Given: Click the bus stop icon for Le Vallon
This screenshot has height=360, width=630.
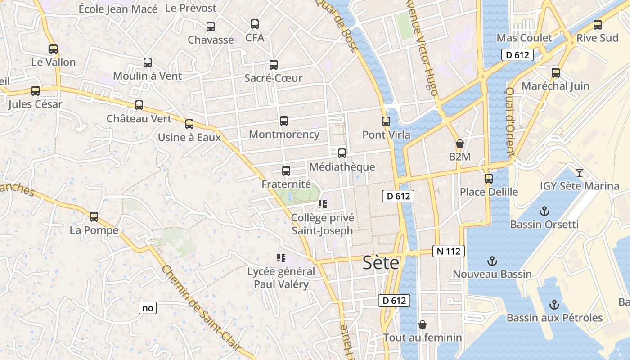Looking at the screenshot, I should [x=54, y=49].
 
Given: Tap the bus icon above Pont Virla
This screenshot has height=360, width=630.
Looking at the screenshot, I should [x=386, y=121].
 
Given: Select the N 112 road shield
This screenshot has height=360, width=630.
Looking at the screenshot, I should [x=448, y=251].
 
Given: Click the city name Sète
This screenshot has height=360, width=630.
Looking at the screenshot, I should [x=381, y=262].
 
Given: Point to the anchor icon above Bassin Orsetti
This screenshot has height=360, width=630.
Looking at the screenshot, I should [x=544, y=211].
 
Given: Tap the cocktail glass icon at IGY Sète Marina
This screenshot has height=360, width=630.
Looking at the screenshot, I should [x=579, y=172].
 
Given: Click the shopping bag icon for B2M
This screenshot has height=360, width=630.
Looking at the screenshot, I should [x=459, y=144].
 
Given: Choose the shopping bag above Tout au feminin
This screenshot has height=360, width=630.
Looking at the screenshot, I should [x=422, y=324].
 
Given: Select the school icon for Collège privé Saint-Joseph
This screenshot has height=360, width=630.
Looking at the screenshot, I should [x=322, y=204].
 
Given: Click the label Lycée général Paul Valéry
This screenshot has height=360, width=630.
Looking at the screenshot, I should [x=281, y=278].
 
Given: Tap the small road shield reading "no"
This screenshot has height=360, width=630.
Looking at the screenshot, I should [x=148, y=308].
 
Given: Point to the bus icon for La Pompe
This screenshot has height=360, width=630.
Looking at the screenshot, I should [x=94, y=217].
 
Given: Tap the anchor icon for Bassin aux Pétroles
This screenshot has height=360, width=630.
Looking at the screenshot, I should [x=554, y=305].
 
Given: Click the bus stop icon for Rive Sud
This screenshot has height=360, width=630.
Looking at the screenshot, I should [x=597, y=25].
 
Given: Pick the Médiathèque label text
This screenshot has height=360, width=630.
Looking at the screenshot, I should [x=342, y=167].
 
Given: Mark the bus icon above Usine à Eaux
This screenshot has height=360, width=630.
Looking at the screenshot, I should [x=189, y=124].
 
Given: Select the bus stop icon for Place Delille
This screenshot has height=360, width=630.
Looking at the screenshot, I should [x=489, y=179].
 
